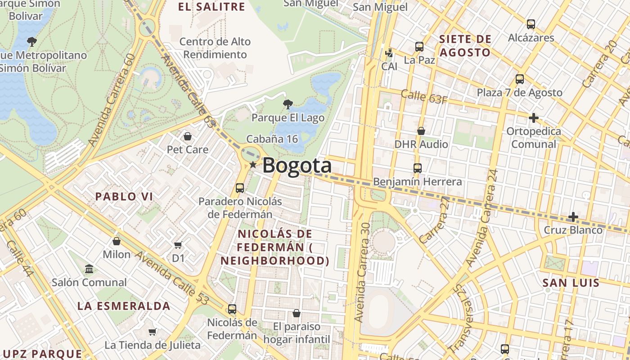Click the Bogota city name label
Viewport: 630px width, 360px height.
pyautogui.click(x=297, y=166)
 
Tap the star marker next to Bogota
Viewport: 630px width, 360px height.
pyautogui.click(x=253, y=165)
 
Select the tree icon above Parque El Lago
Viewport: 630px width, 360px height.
pyautogui.click(x=288, y=104)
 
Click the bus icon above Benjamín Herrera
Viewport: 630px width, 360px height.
pyautogui.click(x=418, y=168)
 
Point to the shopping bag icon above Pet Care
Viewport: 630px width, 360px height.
pyautogui.click(x=188, y=136)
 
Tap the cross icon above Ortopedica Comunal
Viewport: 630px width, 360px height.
pyautogui.click(x=534, y=118)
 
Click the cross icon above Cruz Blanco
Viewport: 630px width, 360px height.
pyautogui.click(x=573, y=217)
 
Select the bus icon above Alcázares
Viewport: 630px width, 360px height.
pyautogui.click(x=531, y=24)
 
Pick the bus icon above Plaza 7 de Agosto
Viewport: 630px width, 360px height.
pyautogui.click(x=520, y=79)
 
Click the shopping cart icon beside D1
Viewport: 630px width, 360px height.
pyautogui.click(x=178, y=245)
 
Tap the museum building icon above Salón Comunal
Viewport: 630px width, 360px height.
pyautogui.click(x=89, y=269)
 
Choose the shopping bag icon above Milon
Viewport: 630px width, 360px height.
pyautogui.click(x=117, y=241)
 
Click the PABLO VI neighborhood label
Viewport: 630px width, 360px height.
pyautogui.click(x=124, y=197)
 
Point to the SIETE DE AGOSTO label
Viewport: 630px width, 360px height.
pyautogui.click(x=465, y=45)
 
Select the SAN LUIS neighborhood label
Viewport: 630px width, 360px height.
pyautogui.click(x=571, y=283)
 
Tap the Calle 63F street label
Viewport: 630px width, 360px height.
pyautogui.click(x=424, y=97)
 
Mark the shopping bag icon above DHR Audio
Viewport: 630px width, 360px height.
pyautogui.click(x=421, y=131)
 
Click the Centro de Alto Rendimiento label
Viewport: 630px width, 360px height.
pyautogui.click(x=215, y=48)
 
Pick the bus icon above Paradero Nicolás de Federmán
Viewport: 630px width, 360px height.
pyautogui.click(x=240, y=188)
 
